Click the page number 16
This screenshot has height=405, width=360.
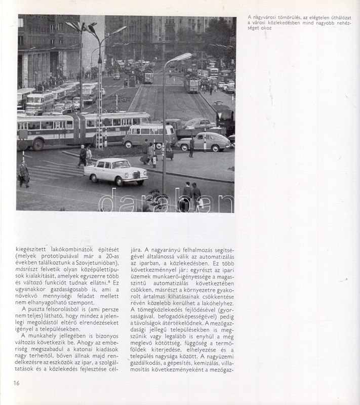[17, 382]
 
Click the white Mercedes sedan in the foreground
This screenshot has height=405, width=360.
[116, 171]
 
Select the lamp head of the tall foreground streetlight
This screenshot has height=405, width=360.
[182, 57]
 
